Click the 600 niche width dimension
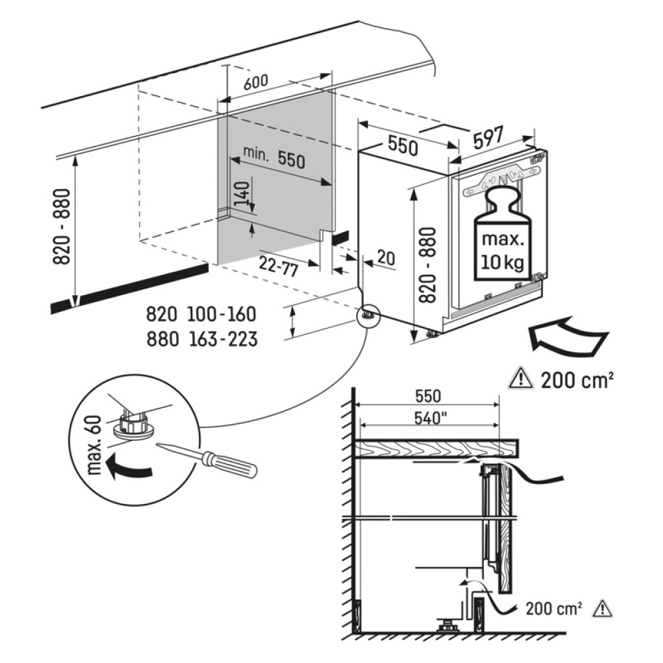[256, 82]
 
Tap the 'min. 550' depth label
[272, 157]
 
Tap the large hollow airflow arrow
[567, 336]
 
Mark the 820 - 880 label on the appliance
[428, 265]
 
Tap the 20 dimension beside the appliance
[385, 258]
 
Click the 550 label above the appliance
[402, 146]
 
